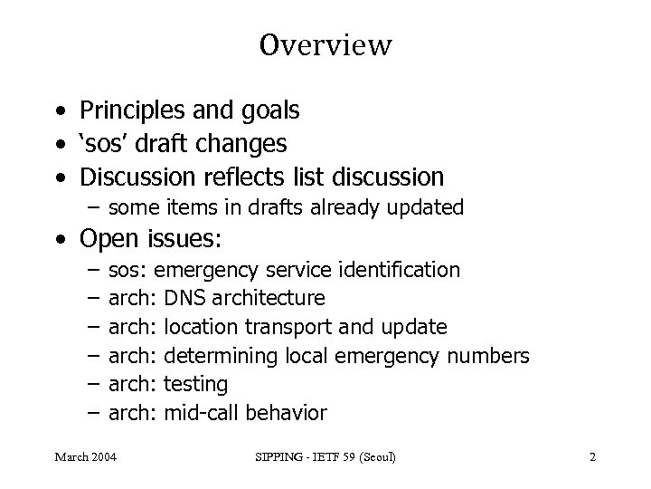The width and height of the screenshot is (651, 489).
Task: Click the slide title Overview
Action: point(325,45)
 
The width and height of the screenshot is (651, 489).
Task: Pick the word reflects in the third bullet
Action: point(241,175)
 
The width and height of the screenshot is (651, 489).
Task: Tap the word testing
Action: point(195,385)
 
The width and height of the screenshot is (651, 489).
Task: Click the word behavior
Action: point(288,414)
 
